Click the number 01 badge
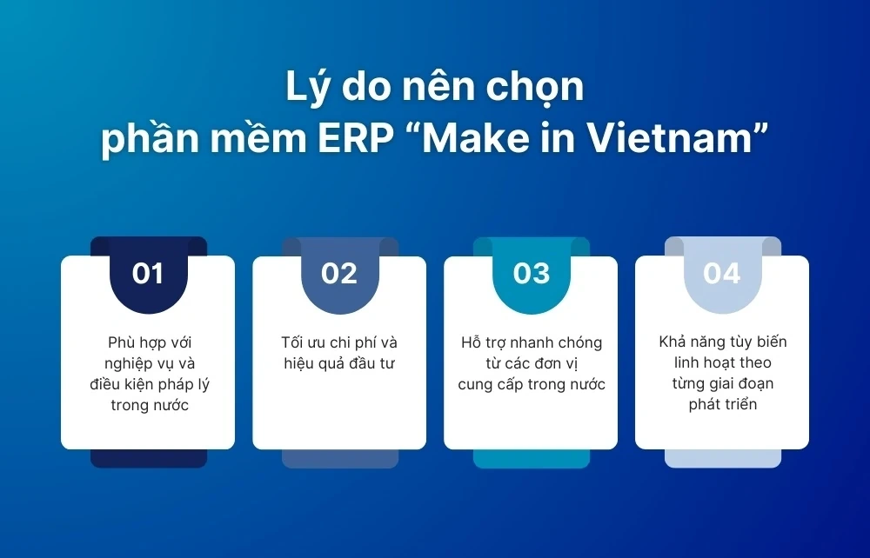(148, 274)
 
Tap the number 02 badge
(339, 274)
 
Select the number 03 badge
(531, 274)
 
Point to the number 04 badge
(722, 274)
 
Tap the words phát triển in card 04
(722, 404)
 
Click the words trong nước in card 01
(148, 405)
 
